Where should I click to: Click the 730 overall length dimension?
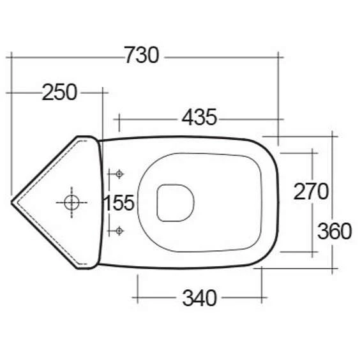(141, 56)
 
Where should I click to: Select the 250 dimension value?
(59, 93)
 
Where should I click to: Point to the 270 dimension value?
(311, 191)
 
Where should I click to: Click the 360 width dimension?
(333, 230)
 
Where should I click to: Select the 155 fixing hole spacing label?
(119, 203)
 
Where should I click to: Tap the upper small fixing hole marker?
(118, 174)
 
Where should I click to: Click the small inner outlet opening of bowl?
(174, 202)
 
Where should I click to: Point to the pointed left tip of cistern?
(13, 202)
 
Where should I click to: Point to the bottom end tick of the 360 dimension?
(333, 269)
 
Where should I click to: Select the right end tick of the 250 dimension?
(102, 93)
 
